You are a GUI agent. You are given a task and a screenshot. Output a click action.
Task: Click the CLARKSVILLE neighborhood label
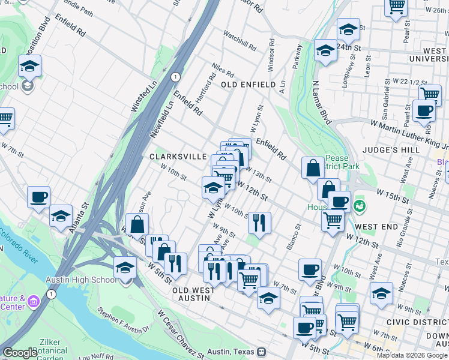[x=178, y=156]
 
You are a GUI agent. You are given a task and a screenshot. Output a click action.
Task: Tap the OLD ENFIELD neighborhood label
[x=248, y=85]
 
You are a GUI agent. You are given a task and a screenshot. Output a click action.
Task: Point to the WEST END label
[x=376, y=227]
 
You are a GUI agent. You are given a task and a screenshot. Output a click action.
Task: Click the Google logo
[x=20, y=353]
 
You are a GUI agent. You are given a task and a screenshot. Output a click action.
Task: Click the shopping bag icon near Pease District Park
[x=313, y=168]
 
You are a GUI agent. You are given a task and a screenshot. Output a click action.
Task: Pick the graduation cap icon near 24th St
[x=348, y=28]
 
